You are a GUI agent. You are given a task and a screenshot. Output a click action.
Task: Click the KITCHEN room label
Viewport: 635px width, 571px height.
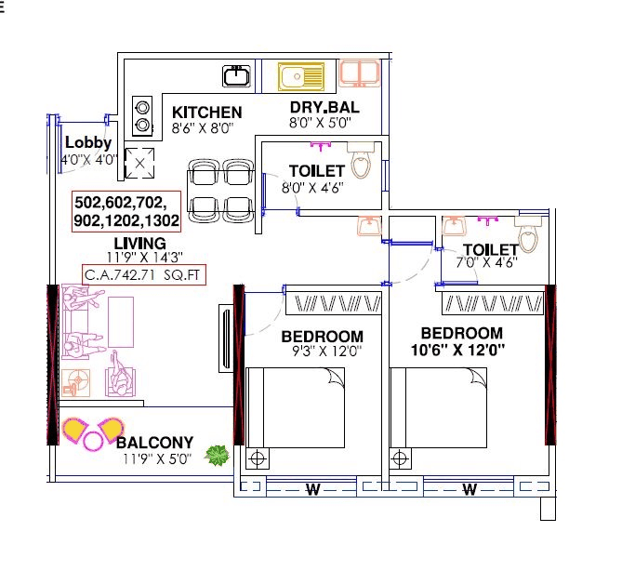click(x=206, y=113)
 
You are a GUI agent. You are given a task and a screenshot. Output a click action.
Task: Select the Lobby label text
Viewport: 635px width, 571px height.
click(x=87, y=143)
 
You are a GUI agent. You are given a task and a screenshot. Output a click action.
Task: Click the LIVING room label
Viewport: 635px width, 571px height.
click(x=139, y=243)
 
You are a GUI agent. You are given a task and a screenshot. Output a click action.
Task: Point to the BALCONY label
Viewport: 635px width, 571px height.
click(x=155, y=443)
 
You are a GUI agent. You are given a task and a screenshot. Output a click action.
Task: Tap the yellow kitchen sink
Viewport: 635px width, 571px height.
click(x=301, y=75)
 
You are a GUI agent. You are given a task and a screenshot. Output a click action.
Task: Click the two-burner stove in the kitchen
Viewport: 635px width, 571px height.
click(x=142, y=114)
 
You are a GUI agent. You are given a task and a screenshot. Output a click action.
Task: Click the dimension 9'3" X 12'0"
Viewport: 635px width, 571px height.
click(x=322, y=352)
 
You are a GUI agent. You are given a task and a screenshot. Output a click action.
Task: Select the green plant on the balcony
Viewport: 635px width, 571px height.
click(x=218, y=455)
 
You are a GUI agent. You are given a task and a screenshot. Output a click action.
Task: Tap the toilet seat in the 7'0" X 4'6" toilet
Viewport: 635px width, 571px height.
click(x=527, y=239)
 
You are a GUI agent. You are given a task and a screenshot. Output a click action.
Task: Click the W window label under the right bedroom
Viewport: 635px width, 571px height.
click(x=470, y=488)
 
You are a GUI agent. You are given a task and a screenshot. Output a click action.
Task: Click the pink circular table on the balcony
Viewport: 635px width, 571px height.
click(x=94, y=440)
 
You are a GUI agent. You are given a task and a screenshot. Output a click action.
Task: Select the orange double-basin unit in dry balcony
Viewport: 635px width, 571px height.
click(x=359, y=74)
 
